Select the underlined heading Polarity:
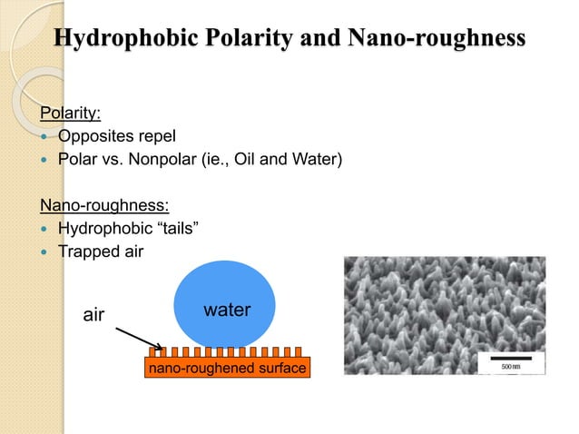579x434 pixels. pos(68,115)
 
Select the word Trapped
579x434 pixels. pos(86,251)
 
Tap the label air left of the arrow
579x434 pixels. pos(94,315)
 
